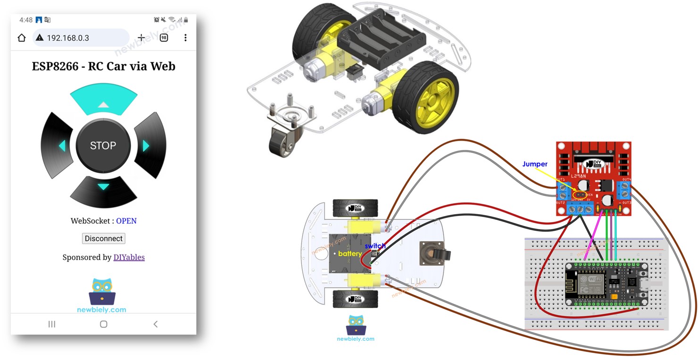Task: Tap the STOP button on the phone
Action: [103, 145]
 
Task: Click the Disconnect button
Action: [103, 238]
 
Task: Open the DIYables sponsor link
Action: [129, 257]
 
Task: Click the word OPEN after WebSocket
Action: [126, 221]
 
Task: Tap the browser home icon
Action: [22, 38]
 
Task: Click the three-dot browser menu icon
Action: [185, 38]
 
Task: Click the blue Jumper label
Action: [535, 164]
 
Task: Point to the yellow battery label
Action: [350, 254]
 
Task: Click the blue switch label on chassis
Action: [375, 246]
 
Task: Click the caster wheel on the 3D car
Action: [281, 139]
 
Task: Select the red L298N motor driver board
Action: [593, 179]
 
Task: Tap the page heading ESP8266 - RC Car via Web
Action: [103, 66]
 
